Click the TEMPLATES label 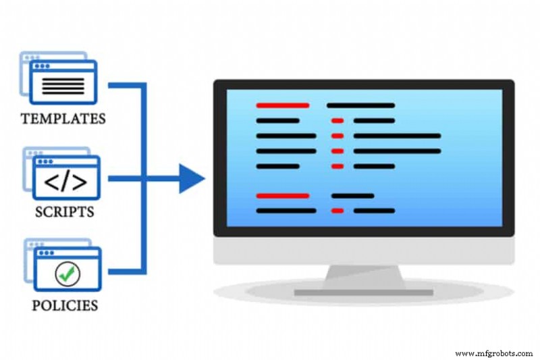[x=63, y=120]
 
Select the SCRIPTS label [x=65, y=211]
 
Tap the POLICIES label [x=65, y=305]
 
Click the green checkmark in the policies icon [x=68, y=273]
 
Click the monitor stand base [x=364, y=292]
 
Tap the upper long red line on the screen [x=283, y=105]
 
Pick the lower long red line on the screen [x=283, y=196]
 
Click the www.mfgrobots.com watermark [x=495, y=353]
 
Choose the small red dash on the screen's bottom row [x=337, y=211]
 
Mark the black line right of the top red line [x=360, y=105]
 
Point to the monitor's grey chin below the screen [x=364, y=250]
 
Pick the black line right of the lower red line [x=352, y=196]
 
